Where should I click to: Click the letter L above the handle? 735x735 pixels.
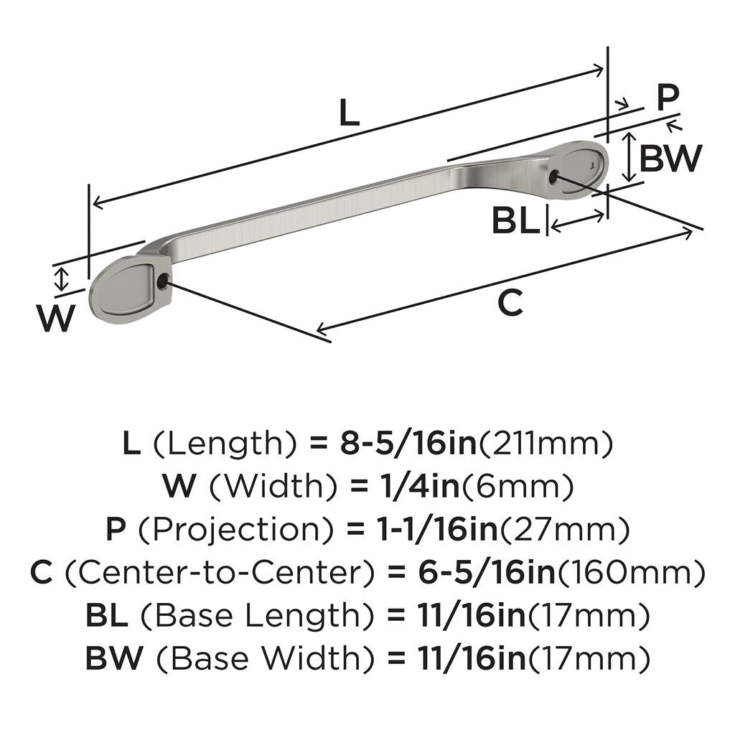point(349,113)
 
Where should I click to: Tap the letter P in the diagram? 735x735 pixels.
point(668,98)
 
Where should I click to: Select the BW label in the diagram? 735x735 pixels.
point(670,159)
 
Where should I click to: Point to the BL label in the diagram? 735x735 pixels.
point(515,222)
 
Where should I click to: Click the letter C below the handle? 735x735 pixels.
point(510,304)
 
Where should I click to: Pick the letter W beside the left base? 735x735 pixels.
point(56,319)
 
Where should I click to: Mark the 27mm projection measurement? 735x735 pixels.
point(564,530)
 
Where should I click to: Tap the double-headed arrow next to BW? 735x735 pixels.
point(629,156)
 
